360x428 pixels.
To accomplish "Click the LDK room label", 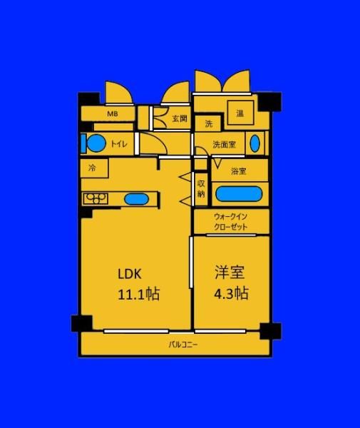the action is [x=130, y=274].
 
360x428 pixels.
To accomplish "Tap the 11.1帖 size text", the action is [x=138, y=294].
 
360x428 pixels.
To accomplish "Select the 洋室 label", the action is [x=230, y=272].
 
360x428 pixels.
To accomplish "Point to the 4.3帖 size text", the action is [x=231, y=293].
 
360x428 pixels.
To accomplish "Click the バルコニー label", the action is [x=183, y=345].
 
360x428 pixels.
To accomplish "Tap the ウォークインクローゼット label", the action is [x=231, y=222].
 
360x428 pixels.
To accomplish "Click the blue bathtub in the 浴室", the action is [x=239, y=194].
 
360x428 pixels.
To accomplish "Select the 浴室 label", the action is [x=239, y=171].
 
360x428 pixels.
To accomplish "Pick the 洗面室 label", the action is [x=224, y=144].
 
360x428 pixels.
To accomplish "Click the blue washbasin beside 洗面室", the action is [x=254, y=143].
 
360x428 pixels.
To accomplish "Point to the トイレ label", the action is [x=119, y=143].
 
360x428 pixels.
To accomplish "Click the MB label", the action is [x=113, y=113].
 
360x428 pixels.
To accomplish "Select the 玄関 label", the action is [x=180, y=118].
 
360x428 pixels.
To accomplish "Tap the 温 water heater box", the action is [x=240, y=113].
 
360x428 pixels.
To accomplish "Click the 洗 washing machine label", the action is [x=209, y=124].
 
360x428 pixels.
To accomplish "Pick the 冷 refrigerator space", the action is [x=94, y=168].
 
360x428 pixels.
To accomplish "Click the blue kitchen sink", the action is [x=136, y=199].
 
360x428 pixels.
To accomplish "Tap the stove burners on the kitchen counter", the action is [x=96, y=198].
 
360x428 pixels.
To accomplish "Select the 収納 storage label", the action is [x=201, y=188].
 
